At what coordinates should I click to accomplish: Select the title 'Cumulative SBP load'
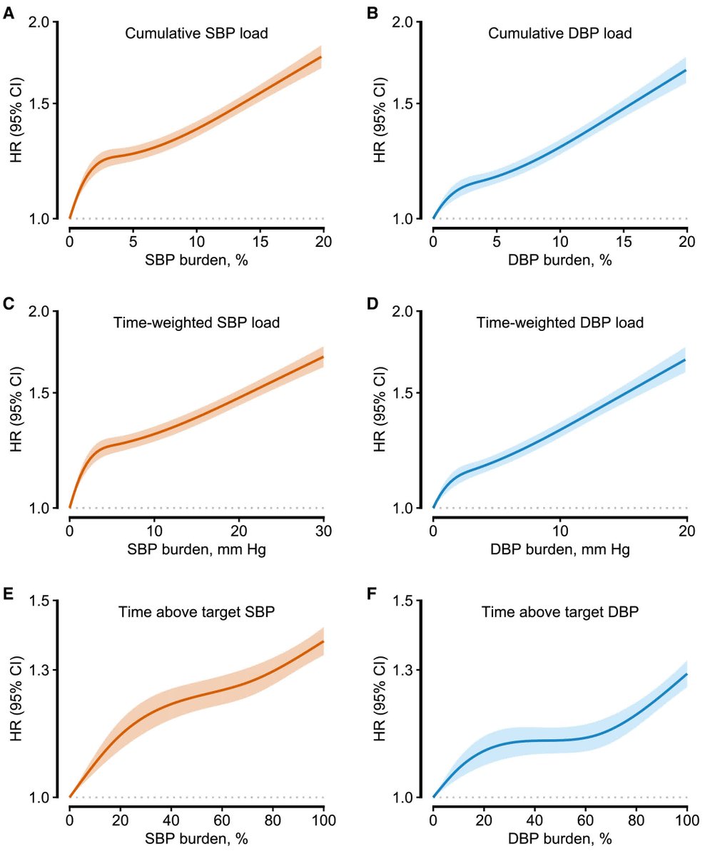point(197,34)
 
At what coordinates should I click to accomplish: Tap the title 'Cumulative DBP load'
point(560,34)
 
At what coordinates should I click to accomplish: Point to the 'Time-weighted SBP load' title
point(197,323)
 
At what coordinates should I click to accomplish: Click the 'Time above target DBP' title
point(560,613)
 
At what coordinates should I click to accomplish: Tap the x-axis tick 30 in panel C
point(323,531)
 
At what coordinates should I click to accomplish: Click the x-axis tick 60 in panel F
point(585,820)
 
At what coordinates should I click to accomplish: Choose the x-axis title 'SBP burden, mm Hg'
point(197,551)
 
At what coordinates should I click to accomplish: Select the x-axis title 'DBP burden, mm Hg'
point(560,551)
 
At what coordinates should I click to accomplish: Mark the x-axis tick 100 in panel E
point(323,820)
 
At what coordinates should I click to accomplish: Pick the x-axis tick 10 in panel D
point(560,531)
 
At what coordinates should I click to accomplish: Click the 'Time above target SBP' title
point(197,613)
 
